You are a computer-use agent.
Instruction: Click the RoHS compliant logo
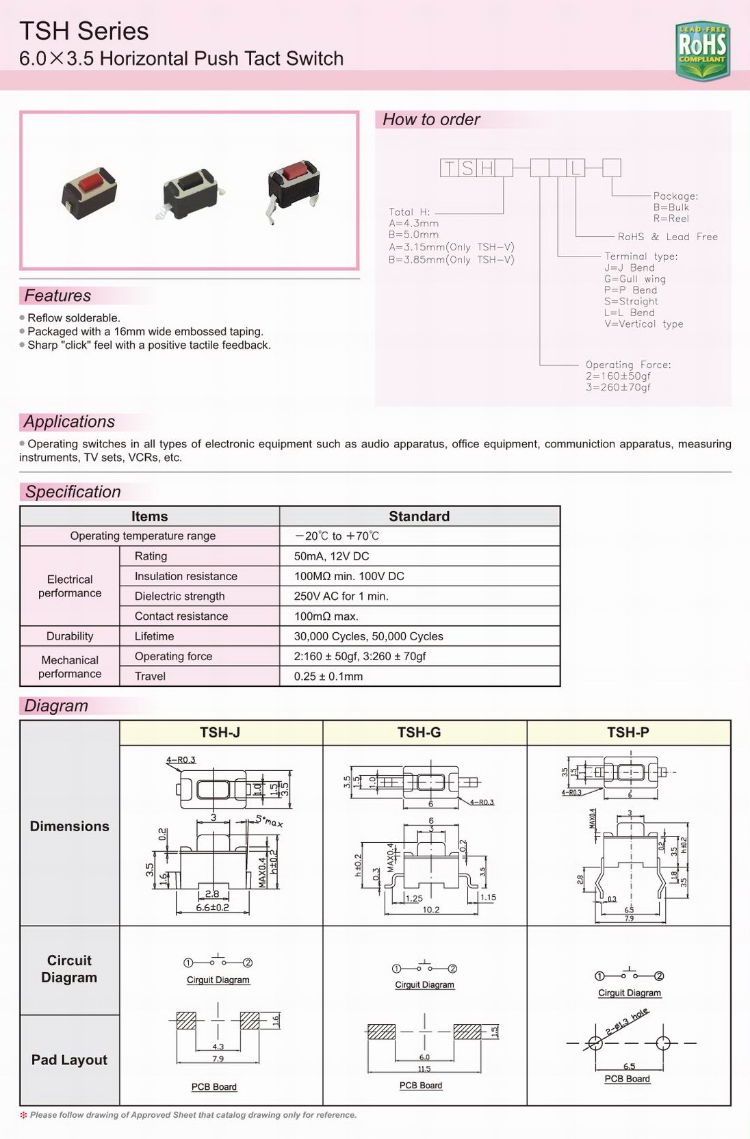[x=702, y=50]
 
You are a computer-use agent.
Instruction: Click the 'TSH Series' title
[x=84, y=31]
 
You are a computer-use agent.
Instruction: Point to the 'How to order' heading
[x=431, y=120]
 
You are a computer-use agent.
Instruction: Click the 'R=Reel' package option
[x=671, y=219]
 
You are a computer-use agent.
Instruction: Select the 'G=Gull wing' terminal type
[x=634, y=279]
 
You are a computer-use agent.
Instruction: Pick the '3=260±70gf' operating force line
[x=618, y=388]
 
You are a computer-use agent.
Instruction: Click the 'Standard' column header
[x=419, y=516]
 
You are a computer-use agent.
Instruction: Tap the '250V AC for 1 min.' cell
[x=341, y=596]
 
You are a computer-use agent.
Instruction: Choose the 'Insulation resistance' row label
[x=185, y=576]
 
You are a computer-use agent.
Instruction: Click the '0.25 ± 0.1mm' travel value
[x=328, y=676]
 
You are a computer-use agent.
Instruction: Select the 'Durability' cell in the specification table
[x=70, y=636]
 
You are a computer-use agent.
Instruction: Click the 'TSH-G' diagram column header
[x=419, y=733]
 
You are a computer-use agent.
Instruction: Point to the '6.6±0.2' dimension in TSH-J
[x=213, y=907]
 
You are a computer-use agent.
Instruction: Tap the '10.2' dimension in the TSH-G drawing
[x=431, y=910]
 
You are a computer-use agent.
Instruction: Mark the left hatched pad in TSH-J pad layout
[x=186, y=1021]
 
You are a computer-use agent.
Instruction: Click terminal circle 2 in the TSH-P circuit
[x=659, y=976]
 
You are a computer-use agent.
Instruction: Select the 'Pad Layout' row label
[x=69, y=1060]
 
